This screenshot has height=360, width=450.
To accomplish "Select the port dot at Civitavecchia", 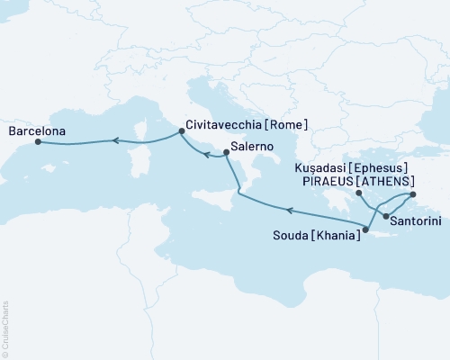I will [x=182, y=131].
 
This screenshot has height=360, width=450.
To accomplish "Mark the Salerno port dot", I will [x=226, y=152].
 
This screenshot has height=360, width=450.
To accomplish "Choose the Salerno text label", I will [x=252, y=144].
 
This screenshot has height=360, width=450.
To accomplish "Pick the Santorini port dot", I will [x=385, y=217].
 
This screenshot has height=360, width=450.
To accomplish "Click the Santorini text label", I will [x=415, y=219].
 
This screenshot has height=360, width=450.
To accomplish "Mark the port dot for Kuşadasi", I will [x=413, y=194].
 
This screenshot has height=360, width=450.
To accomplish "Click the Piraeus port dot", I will [x=358, y=193].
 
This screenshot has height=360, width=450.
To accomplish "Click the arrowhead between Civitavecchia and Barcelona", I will [x=114, y=139].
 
